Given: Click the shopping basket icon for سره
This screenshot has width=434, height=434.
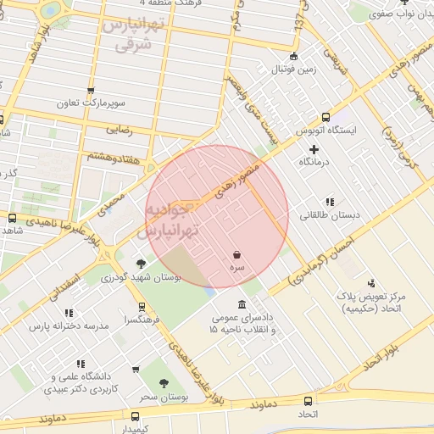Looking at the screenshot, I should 236,254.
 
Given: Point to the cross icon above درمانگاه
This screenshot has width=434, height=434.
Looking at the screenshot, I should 314,149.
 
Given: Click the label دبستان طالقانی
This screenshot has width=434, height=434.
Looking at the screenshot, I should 330,215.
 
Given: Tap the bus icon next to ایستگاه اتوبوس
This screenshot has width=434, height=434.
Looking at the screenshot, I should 325,119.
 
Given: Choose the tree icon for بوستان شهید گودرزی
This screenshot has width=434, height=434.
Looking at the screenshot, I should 140,264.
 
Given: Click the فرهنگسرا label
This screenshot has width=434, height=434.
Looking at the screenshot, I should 138,320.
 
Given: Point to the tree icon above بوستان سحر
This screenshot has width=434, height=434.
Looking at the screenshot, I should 164,384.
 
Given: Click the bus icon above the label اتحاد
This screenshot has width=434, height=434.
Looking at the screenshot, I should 307,400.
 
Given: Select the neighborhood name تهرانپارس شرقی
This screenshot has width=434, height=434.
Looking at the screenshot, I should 130,35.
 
